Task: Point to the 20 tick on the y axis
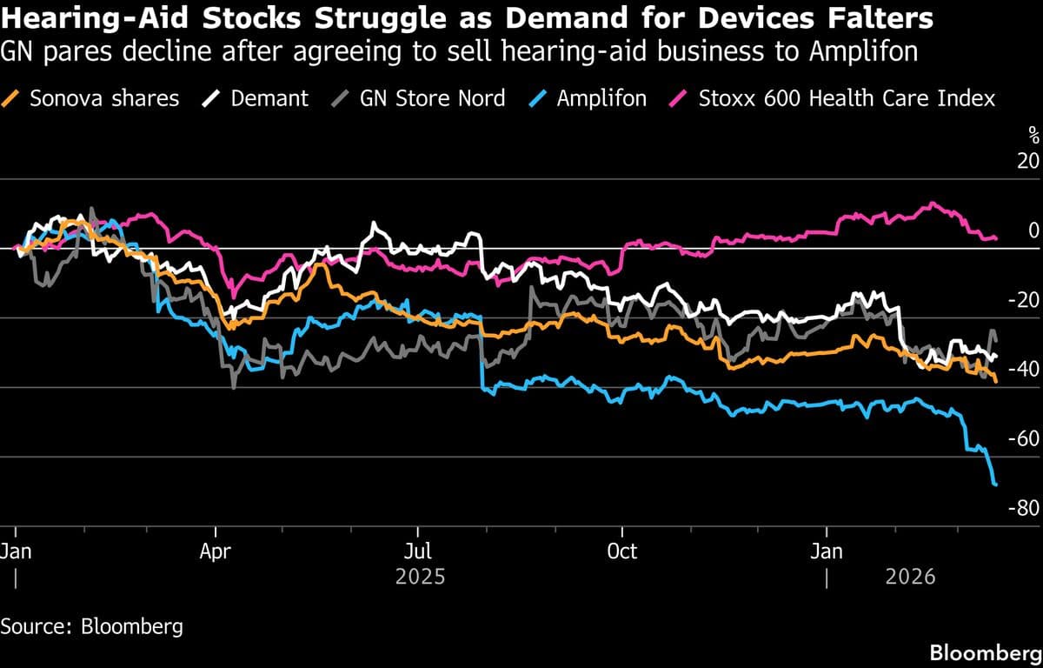click(x=1027, y=162)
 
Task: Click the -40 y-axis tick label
click(x=1024, y=370)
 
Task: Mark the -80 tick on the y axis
click(x=1024, y=508)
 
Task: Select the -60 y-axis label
click(x=1024, y=438)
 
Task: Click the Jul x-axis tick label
click(x=418, y=551)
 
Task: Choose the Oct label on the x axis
click(x=621, y=551)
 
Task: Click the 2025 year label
click(x=420, y=577)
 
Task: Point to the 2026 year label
click(x=910, y=577)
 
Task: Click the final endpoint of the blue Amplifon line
click(x=995, y=484)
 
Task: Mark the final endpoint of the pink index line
click(x=996, y=237)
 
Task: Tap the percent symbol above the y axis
click(x=1033, y=135)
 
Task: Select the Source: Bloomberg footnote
click(x=92, y=626)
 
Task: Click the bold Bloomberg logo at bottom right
click(x=986, y=652)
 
